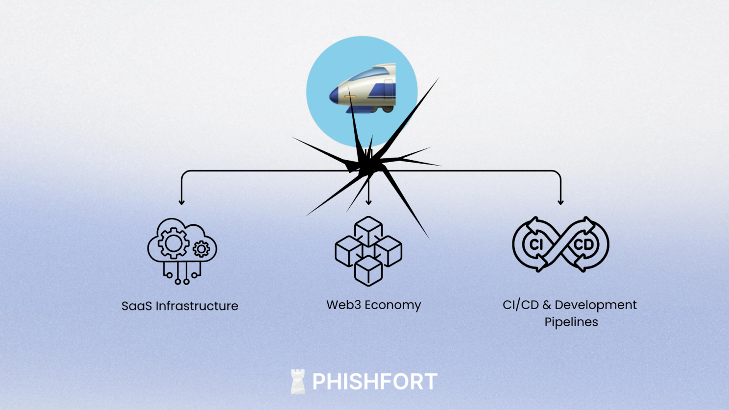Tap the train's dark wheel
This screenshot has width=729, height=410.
click(387, 108)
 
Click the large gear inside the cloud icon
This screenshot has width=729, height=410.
click(173, 243)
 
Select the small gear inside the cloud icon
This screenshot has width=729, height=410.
click(201, 249)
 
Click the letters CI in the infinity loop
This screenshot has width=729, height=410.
click(536, 244)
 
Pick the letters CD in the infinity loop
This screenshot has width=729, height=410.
click(583, 244)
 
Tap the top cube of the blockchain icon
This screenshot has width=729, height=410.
click(368, 228)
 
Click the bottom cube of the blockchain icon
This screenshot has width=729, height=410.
click(368, 270)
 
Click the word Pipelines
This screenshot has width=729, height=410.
click(571, 322)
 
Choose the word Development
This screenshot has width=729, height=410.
click(596, 305)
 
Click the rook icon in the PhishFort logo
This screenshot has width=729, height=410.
click(297, 382)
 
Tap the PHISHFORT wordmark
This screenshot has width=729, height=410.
click(375, 382)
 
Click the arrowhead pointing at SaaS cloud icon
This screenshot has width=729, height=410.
click(182, 201)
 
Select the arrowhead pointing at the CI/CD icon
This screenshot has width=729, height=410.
click(560, 201)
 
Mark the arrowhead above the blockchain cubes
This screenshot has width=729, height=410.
click(368, 201)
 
